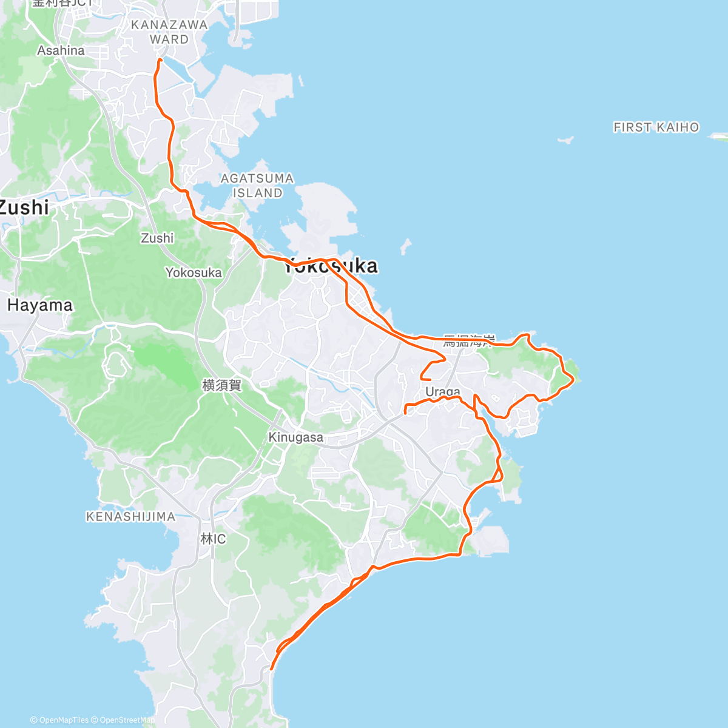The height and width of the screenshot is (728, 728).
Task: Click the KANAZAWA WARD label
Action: coord(169,32)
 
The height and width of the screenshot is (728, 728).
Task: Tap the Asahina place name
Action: coord(61,50)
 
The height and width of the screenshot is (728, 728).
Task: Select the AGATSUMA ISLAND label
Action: coord(257,186)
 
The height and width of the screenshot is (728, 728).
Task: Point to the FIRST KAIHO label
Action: coord(656,127)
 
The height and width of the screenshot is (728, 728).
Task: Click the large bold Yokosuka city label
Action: coord(331,266)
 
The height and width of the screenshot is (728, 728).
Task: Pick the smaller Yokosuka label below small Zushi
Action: coord(194,273)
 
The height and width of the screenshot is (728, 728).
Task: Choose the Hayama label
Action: coord(40,305)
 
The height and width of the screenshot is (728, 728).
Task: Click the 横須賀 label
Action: coord(221,385)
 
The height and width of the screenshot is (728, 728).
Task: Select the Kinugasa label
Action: coord(295,437)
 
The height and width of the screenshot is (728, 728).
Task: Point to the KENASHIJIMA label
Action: coord(130,517)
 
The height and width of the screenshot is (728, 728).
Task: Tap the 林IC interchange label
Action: coord(213,539)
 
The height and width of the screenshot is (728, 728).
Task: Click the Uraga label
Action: coord(443,391)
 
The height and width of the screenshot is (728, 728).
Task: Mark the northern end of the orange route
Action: coord(160,60)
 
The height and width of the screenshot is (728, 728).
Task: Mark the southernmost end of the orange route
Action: coord(271,669)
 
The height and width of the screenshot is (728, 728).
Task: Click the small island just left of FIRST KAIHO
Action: coord(565,140)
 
